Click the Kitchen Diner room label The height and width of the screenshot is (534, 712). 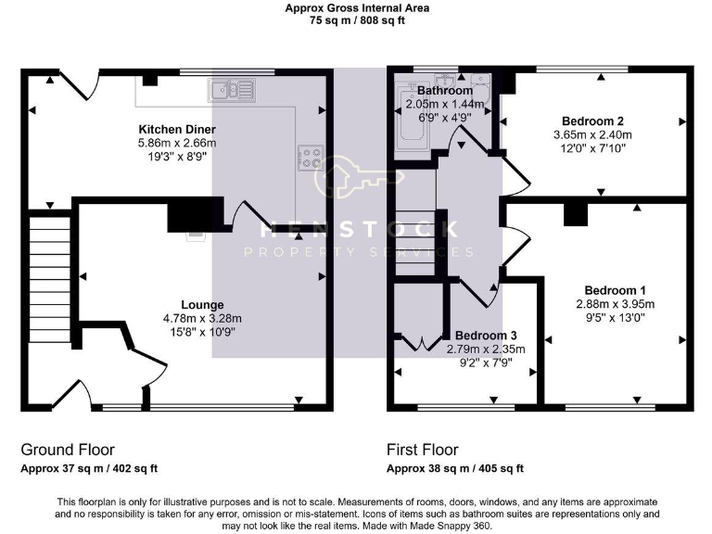coord(176,129)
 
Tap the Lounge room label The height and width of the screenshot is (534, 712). coord(202,304)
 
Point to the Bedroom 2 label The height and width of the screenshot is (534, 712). coord(592,121)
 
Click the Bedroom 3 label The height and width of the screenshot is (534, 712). coord(486,335)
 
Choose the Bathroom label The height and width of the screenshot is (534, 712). coord(445,91)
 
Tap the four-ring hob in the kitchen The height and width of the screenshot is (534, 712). coord(310,159)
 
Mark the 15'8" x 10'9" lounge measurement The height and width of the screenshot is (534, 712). coord(202,332)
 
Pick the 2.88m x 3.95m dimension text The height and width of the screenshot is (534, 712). coord(616,303)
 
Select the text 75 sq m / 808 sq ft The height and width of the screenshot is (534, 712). coord(356,21)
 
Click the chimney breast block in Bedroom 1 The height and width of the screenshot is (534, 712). coord(577,214)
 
